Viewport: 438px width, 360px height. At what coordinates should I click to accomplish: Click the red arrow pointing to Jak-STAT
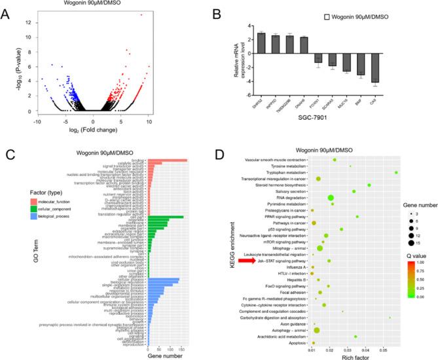coord(247,260)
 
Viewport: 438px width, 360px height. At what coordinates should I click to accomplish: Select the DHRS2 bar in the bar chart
coord(261,41)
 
